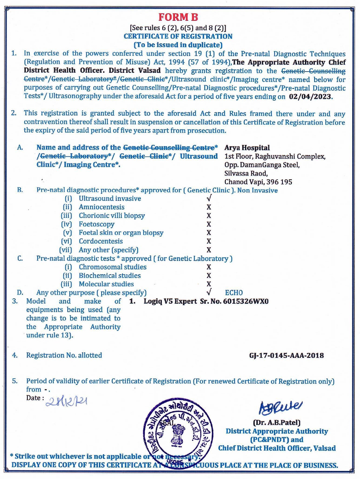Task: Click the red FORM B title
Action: coord(178,17)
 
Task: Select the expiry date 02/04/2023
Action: coord(310,96)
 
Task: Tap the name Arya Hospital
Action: coord(247,148)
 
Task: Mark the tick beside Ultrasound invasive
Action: coord(209,198)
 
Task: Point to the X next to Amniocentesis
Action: coord(209,207)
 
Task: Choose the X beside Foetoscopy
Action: coord(209,224)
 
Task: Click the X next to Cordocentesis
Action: coord(209,241)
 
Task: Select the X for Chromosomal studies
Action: coord(209,267)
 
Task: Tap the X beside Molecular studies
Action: coord(209,284)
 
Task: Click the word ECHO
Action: coord(234,292)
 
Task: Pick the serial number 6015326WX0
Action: coord(246,301)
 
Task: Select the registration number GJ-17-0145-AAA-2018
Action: coord(286,355)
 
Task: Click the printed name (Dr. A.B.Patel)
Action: coord(277,423)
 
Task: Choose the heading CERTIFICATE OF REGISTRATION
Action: coord(178,36)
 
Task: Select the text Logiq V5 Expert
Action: coord(170,301)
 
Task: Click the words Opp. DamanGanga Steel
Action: coord(262,165)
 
